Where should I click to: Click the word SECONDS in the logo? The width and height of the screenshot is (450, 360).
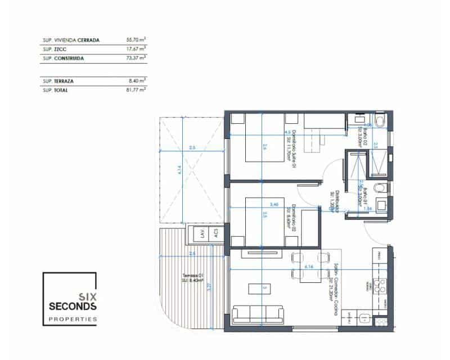point(73,307)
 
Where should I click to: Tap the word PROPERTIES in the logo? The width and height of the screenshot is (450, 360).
point(73,319)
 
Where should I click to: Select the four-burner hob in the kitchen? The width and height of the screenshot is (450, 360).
point(380,286)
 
